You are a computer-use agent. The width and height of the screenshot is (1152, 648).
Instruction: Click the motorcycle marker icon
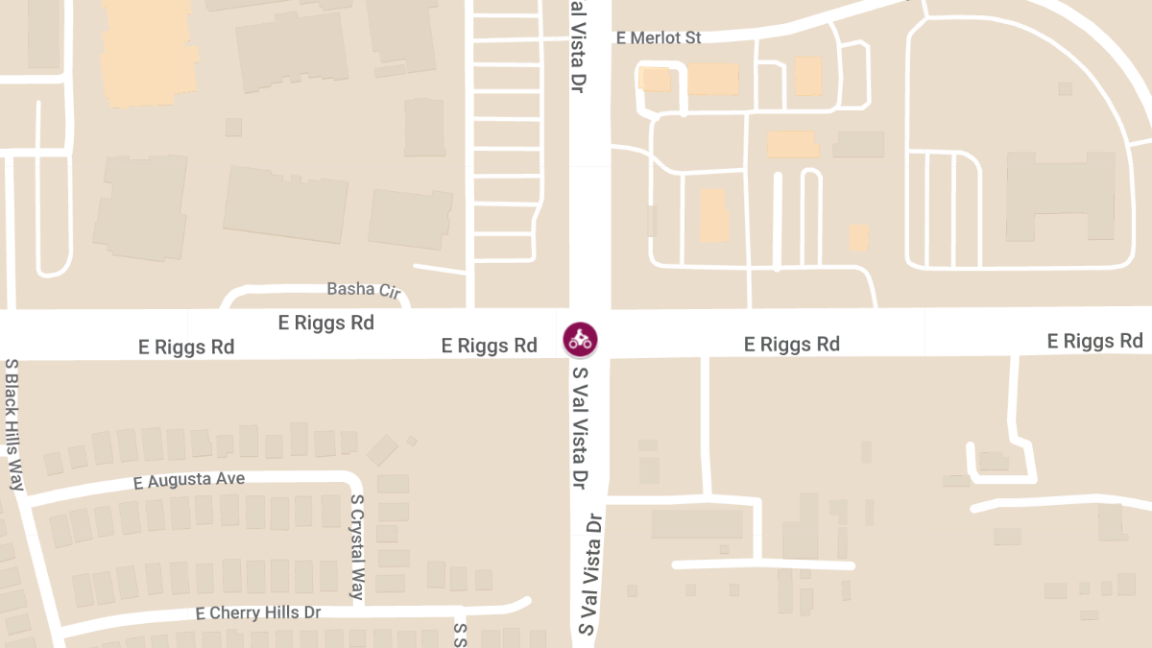580,338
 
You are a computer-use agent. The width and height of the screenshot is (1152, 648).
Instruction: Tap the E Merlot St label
659,38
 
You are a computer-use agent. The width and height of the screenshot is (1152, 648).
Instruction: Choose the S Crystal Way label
357,545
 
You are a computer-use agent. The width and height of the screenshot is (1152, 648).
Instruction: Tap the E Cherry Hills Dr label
258,612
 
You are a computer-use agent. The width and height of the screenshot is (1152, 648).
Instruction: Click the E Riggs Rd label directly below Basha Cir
325,323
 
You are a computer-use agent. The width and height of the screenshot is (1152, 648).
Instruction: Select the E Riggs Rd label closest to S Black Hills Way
186,347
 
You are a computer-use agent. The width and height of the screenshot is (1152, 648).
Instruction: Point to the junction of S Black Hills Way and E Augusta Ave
26,498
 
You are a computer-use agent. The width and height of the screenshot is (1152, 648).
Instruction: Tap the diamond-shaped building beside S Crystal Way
382,449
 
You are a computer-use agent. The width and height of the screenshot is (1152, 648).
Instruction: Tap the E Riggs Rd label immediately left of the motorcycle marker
489,346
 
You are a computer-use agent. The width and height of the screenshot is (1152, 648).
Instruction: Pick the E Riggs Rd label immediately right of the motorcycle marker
792,344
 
